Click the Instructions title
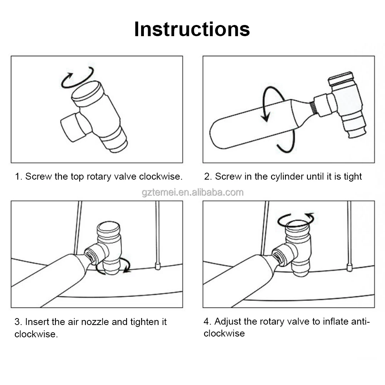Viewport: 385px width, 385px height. click(192, 29)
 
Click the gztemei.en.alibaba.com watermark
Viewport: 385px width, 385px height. click(192, 192)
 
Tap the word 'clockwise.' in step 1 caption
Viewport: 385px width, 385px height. click(161, 176)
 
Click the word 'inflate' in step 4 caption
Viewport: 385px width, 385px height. click(336, 321)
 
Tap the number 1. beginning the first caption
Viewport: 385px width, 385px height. click(19, 176)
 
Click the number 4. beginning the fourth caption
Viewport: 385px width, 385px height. click(207, 321)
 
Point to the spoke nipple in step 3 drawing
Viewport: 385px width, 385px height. click(158, 266)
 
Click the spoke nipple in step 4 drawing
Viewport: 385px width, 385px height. click(349, 267)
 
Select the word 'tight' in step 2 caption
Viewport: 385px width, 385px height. click(353, 177)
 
